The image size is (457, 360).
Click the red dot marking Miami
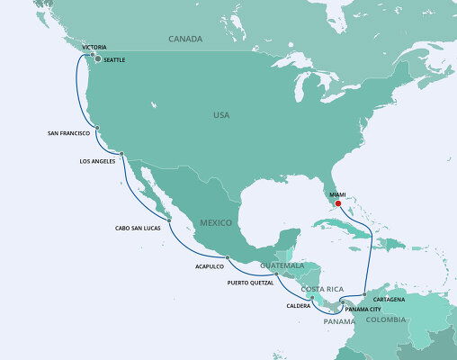pos(338,203)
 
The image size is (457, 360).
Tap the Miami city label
pos(337,193)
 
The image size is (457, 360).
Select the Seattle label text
pos(114,59)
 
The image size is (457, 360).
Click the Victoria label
pos(94,46)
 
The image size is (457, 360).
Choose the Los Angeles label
pos(99,162)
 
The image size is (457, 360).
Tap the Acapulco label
pos(209,266)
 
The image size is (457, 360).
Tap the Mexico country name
pos(216,222)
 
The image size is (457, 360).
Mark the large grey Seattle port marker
pos(98,59)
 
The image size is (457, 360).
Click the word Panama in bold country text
pos(340,321)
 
